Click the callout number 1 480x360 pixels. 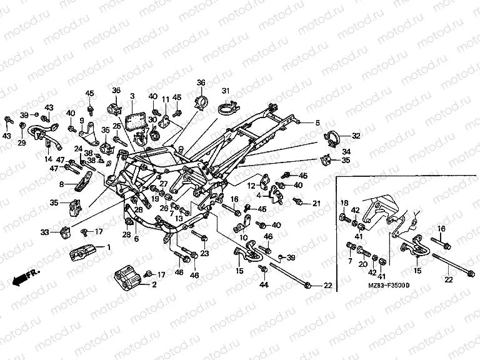(109, 247)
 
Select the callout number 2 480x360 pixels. (154, 285)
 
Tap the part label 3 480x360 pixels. (132, 96)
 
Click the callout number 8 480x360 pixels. (61, 184)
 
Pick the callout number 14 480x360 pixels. (48, 159)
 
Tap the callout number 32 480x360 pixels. (356, 136)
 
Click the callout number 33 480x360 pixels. (44, 232)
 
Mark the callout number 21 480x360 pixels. (316, 202)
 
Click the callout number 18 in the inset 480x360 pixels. (344, 202)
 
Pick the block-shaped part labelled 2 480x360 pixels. (128, 278)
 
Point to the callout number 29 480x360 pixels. (21, 143)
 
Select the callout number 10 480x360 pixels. (244, 237)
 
